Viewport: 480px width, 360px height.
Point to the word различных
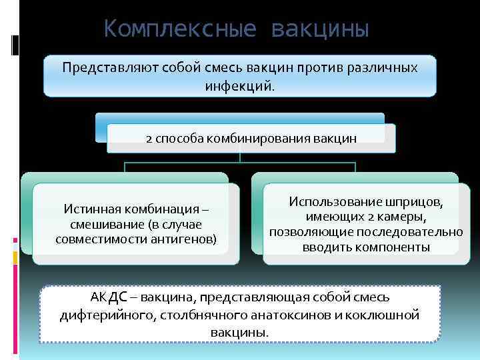(x=383, y=68)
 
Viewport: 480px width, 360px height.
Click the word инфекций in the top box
(x=239, y=86)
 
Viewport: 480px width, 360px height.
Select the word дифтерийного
(x=106, y=315)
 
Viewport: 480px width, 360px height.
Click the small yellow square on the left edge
(x=15, y=257)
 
